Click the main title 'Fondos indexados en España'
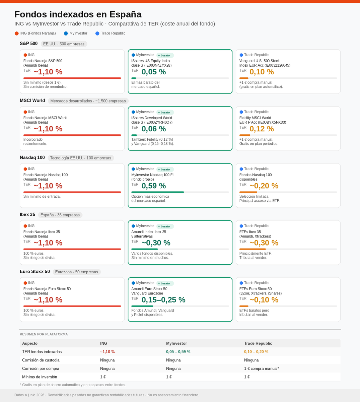78,14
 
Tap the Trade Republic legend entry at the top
110,33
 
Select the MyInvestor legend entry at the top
76,33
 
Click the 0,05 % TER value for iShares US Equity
153,72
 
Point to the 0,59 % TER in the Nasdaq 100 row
153,186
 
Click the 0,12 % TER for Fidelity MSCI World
262,129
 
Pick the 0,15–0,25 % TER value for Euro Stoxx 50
163,299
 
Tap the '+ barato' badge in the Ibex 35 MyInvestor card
165,226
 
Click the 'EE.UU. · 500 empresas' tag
64,44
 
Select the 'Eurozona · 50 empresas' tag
77,272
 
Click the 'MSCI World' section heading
32,100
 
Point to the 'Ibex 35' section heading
27,214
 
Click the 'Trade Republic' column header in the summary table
258,343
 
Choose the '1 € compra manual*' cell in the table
262,368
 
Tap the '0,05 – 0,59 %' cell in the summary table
178,352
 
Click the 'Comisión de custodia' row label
41,360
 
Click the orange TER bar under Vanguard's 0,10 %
244,78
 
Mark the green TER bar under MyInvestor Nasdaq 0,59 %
157,192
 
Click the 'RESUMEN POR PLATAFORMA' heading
44,334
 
